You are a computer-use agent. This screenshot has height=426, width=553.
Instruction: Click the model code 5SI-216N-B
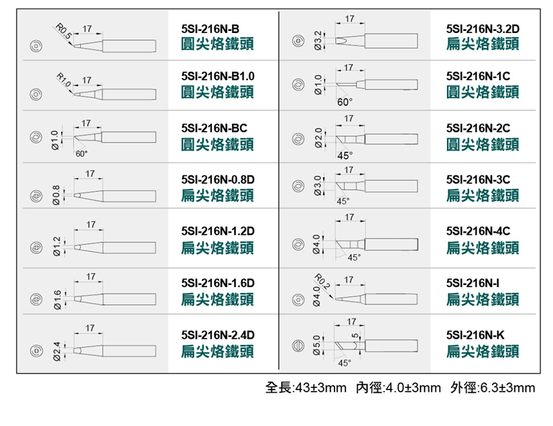click(210, 29)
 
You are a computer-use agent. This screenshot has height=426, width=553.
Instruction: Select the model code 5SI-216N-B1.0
click(218, 76)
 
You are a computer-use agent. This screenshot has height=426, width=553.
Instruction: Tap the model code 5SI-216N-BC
click(214, 128)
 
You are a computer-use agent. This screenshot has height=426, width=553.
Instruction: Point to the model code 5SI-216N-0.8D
click(218, 180)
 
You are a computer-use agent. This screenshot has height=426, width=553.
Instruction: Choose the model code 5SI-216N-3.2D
click(483, 29)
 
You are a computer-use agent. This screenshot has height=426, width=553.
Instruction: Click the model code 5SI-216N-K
click(475, 334)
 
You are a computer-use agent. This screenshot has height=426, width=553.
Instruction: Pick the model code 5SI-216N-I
click(473, 283)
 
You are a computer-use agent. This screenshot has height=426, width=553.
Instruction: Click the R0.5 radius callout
click(64, 31)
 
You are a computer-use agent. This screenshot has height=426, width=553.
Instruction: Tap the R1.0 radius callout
click(64, 80)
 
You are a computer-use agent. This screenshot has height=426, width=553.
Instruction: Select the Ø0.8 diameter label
click(56, 195)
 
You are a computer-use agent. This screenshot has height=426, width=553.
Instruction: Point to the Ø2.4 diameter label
click(57, 352)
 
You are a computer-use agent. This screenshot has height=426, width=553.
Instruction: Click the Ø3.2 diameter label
click(317, 41)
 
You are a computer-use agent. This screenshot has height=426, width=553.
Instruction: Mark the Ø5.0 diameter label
click(317, 345)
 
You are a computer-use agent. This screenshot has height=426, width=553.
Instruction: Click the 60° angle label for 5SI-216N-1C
click(345, 102)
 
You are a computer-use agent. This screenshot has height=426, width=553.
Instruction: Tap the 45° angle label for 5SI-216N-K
click(345, 363)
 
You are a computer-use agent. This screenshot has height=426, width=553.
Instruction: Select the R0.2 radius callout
click(322, 281)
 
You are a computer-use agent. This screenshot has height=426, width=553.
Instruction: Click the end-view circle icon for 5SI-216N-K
click(298, 346)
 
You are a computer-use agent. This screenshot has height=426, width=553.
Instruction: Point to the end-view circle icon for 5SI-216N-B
click(36, 47)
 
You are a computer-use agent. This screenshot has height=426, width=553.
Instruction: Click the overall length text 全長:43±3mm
click(306, 387)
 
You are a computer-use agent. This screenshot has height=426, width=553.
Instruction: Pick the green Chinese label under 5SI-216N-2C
click(483, 144)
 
